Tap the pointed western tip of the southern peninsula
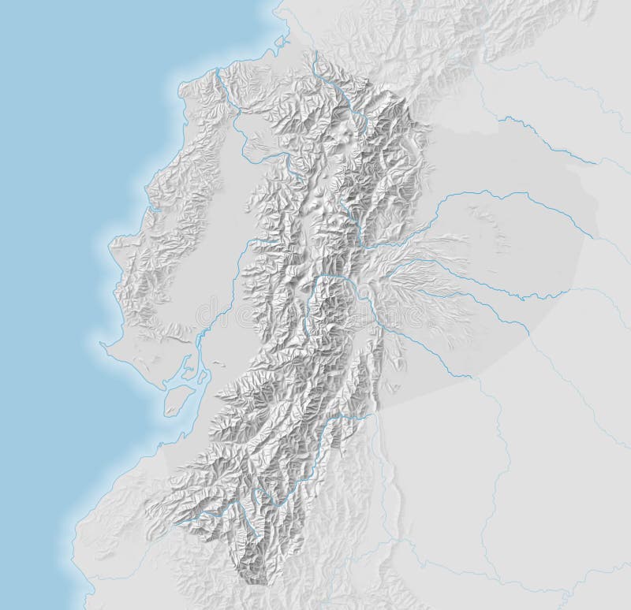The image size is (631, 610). pos(103,343)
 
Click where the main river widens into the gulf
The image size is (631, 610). pos(196,347)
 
